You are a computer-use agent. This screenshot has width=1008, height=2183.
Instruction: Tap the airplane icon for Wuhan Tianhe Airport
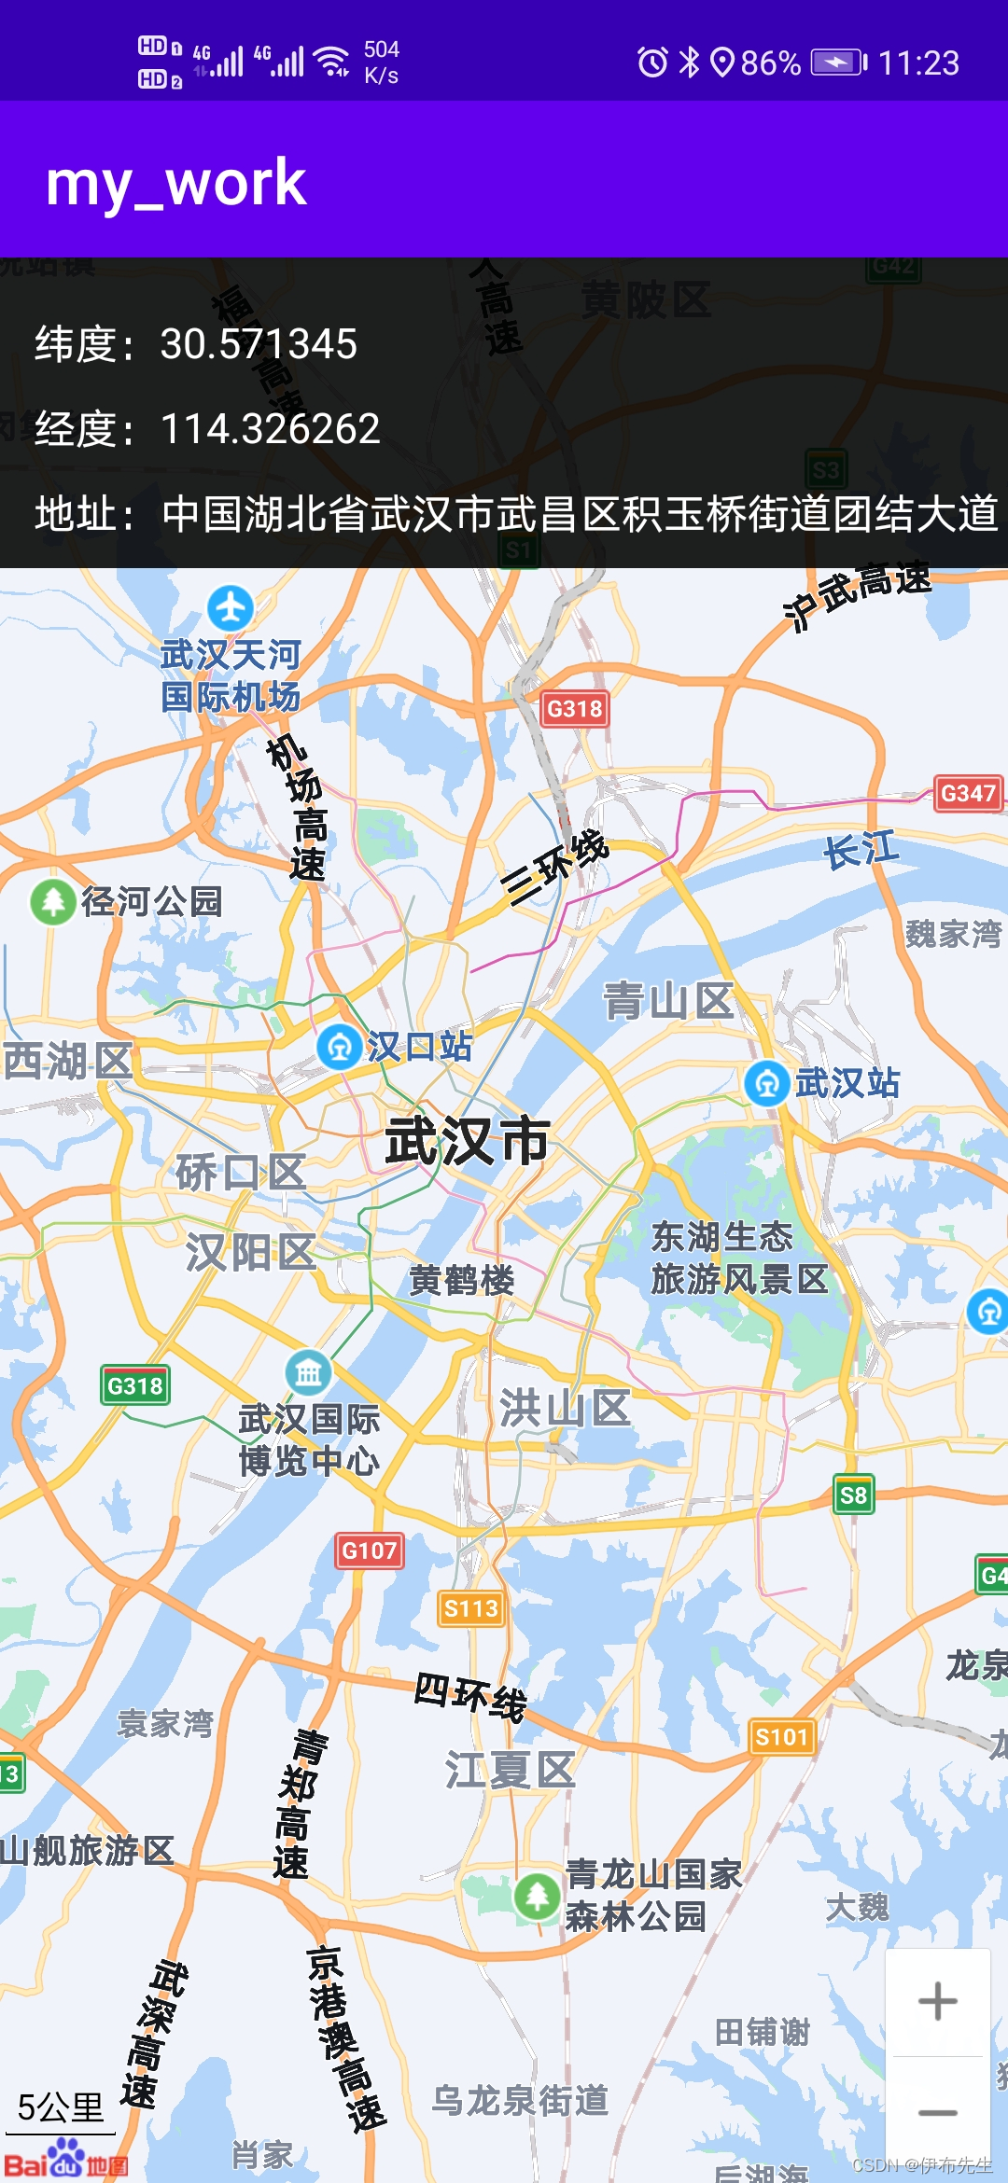pos(231,608)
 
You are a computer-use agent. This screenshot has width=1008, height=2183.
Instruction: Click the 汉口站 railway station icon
pos(340,1047)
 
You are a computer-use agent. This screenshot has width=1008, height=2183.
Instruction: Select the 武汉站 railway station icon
pos(767,1083)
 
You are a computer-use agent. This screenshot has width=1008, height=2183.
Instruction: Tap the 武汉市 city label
pos(467,1140)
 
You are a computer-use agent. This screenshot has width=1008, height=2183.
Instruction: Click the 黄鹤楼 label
pos(462,1280)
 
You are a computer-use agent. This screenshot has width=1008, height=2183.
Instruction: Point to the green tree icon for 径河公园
pos(53,902)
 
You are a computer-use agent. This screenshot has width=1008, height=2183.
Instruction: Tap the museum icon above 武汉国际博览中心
pos(308,1372)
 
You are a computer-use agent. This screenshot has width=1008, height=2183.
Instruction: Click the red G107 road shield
pos(370,1550)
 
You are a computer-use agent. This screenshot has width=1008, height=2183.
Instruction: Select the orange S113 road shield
pos(471,1608)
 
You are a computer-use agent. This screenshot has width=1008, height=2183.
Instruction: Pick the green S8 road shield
pos(853,1495)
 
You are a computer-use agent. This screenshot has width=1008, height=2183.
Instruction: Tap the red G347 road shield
pos(969,793)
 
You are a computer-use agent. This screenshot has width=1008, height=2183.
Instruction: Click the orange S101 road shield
pos(782,1736)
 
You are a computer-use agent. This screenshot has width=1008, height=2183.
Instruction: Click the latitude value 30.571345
pos(259,344)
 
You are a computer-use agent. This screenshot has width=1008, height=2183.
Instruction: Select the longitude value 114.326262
pos(271,429)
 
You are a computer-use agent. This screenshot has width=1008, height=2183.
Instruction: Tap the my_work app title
pos(176,183)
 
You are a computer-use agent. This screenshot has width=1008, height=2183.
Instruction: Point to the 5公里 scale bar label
pos(61,2107)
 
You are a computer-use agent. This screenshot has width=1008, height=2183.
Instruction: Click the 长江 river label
pos(861,851)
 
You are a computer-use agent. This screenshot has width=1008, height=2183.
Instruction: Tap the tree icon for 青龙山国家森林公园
pos(538,1896)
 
